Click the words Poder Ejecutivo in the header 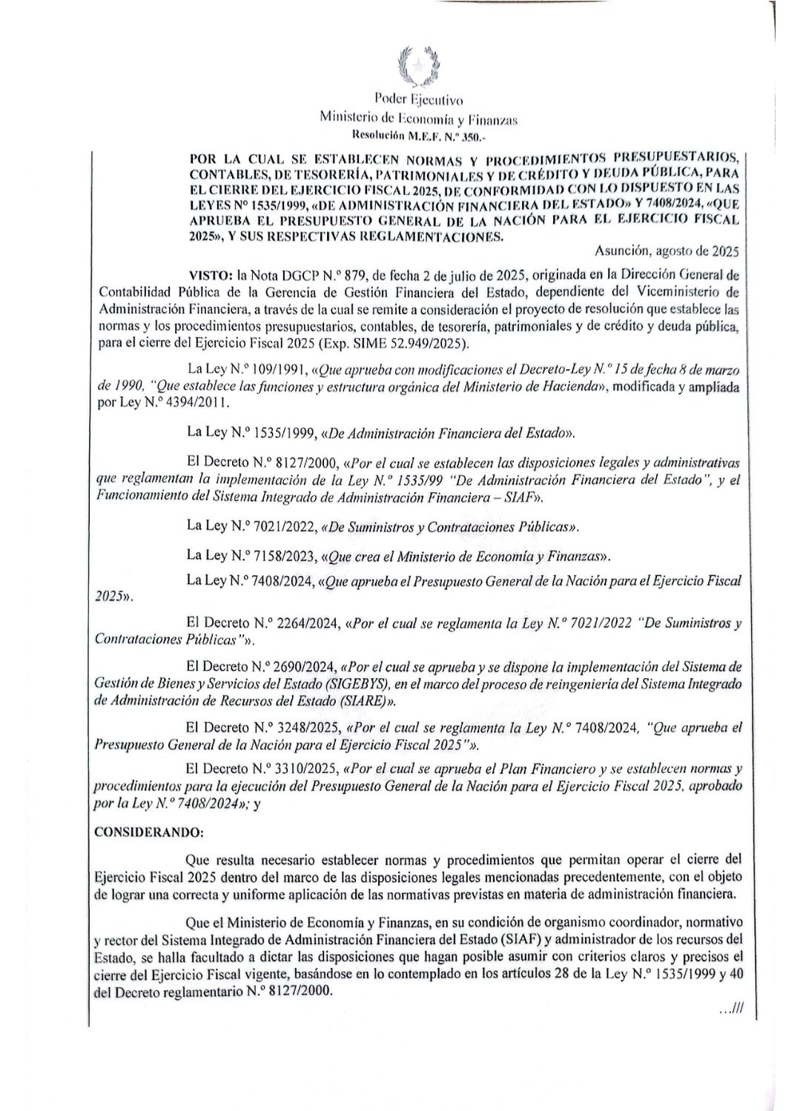click(419, 99)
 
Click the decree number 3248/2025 click(308, 728)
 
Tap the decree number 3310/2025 click(308, 768)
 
